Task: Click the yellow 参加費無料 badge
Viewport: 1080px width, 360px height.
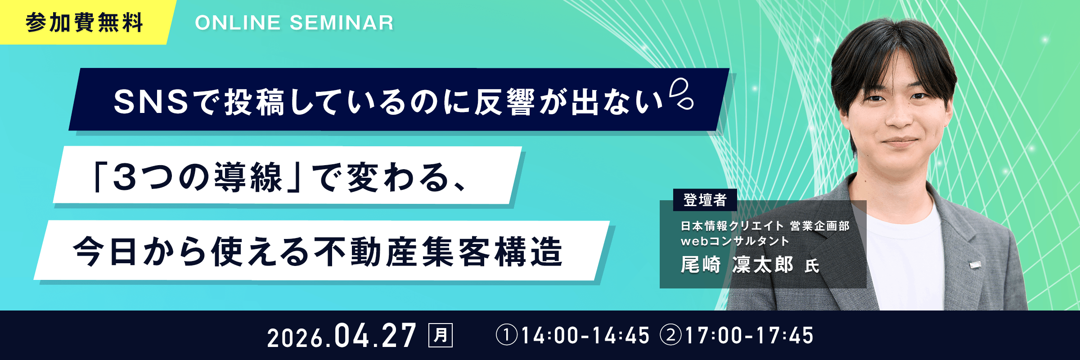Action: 84,22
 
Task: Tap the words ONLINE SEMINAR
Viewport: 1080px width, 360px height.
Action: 294,23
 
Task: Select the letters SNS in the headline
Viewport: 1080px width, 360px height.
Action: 150,102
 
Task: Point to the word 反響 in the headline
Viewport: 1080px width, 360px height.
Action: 504,102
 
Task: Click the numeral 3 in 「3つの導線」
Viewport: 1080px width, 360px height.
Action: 125,177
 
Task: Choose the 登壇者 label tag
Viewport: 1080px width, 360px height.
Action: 705,200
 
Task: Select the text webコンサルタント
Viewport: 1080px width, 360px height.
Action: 735,241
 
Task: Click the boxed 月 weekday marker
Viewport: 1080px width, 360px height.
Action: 441,335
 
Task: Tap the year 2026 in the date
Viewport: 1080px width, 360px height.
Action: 295,337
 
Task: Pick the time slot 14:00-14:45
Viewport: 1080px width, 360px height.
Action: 585,336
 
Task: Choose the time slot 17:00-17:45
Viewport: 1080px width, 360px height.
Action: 749,336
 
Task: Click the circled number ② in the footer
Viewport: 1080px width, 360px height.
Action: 671,336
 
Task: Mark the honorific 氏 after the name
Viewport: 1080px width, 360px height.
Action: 812,266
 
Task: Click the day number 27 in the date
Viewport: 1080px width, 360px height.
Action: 398,336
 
